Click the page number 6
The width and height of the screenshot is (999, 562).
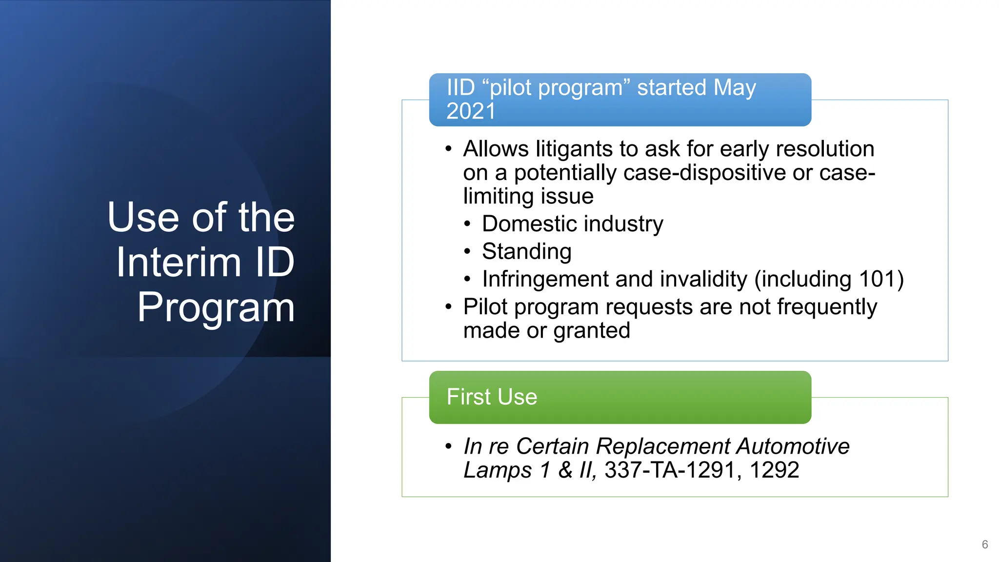984,544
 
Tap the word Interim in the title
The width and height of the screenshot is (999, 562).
179,262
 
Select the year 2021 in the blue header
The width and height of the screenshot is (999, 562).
470,111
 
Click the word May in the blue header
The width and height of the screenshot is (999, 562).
734,88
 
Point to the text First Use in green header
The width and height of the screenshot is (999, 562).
492,397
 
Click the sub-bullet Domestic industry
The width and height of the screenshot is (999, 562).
572,224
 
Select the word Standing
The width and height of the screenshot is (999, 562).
526,252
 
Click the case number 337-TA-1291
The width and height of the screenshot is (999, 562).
670,470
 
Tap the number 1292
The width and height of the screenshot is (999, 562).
774,470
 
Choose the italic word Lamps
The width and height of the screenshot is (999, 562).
497,470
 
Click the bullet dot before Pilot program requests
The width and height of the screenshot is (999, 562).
448,307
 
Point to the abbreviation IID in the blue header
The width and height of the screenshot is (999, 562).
460,88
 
